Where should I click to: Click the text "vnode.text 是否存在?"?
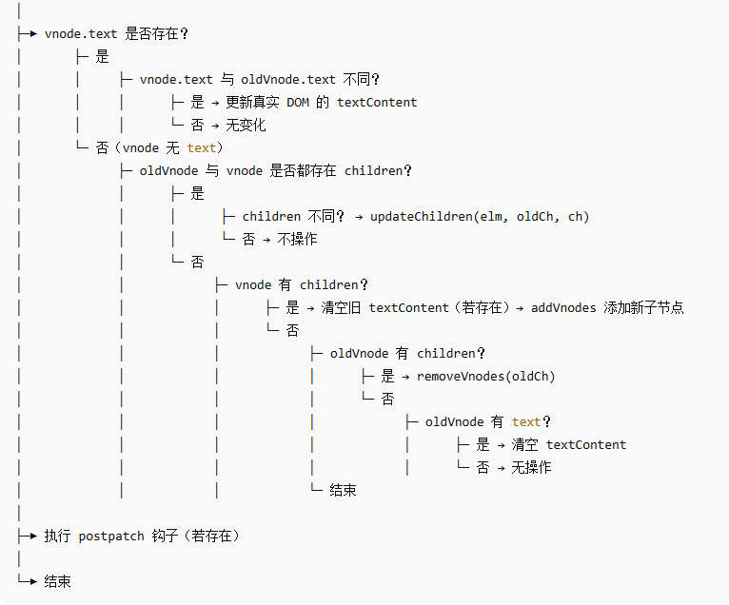pos(116,33)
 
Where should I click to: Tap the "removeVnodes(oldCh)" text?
pos(485,376)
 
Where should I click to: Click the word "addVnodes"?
pos(564,307)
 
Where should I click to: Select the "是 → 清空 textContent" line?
pos(551,444)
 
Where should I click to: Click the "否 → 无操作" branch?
pos(514,467)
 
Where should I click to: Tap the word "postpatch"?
pos(111,536)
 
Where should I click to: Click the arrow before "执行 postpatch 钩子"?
pos(28,536)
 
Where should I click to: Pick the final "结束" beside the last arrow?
pos(57,581)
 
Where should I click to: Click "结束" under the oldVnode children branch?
pos(343,490)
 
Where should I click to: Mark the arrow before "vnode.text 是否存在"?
pos(28,33)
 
